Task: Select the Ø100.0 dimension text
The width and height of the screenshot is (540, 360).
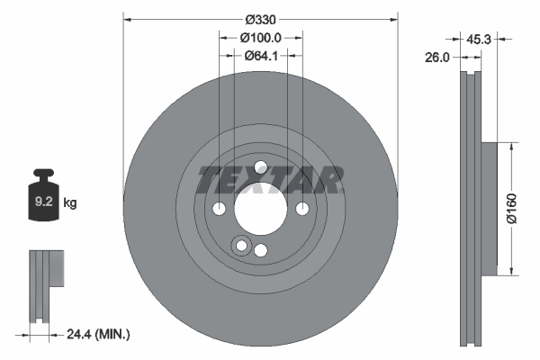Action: (x=262, y=38)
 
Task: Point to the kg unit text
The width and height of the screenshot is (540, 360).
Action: (x=71, y=203)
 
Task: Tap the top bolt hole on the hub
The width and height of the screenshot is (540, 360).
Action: (x=261, y=167)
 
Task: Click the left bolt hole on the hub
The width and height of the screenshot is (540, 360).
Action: (x=219, y=209)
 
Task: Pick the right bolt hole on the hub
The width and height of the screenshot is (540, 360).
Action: (x=301, y=209)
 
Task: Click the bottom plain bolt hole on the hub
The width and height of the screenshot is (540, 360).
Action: (x=261, y=250)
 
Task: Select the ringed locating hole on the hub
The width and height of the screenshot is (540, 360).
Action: (x=240, y=246)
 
